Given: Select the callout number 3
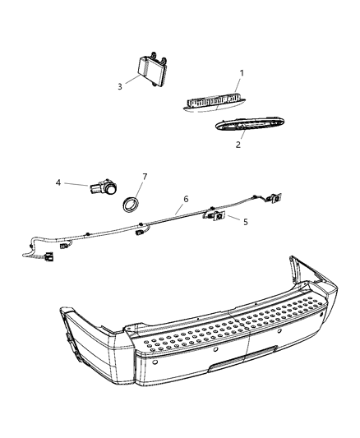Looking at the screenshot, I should point(119,85).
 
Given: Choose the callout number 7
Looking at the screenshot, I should point(144,177).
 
